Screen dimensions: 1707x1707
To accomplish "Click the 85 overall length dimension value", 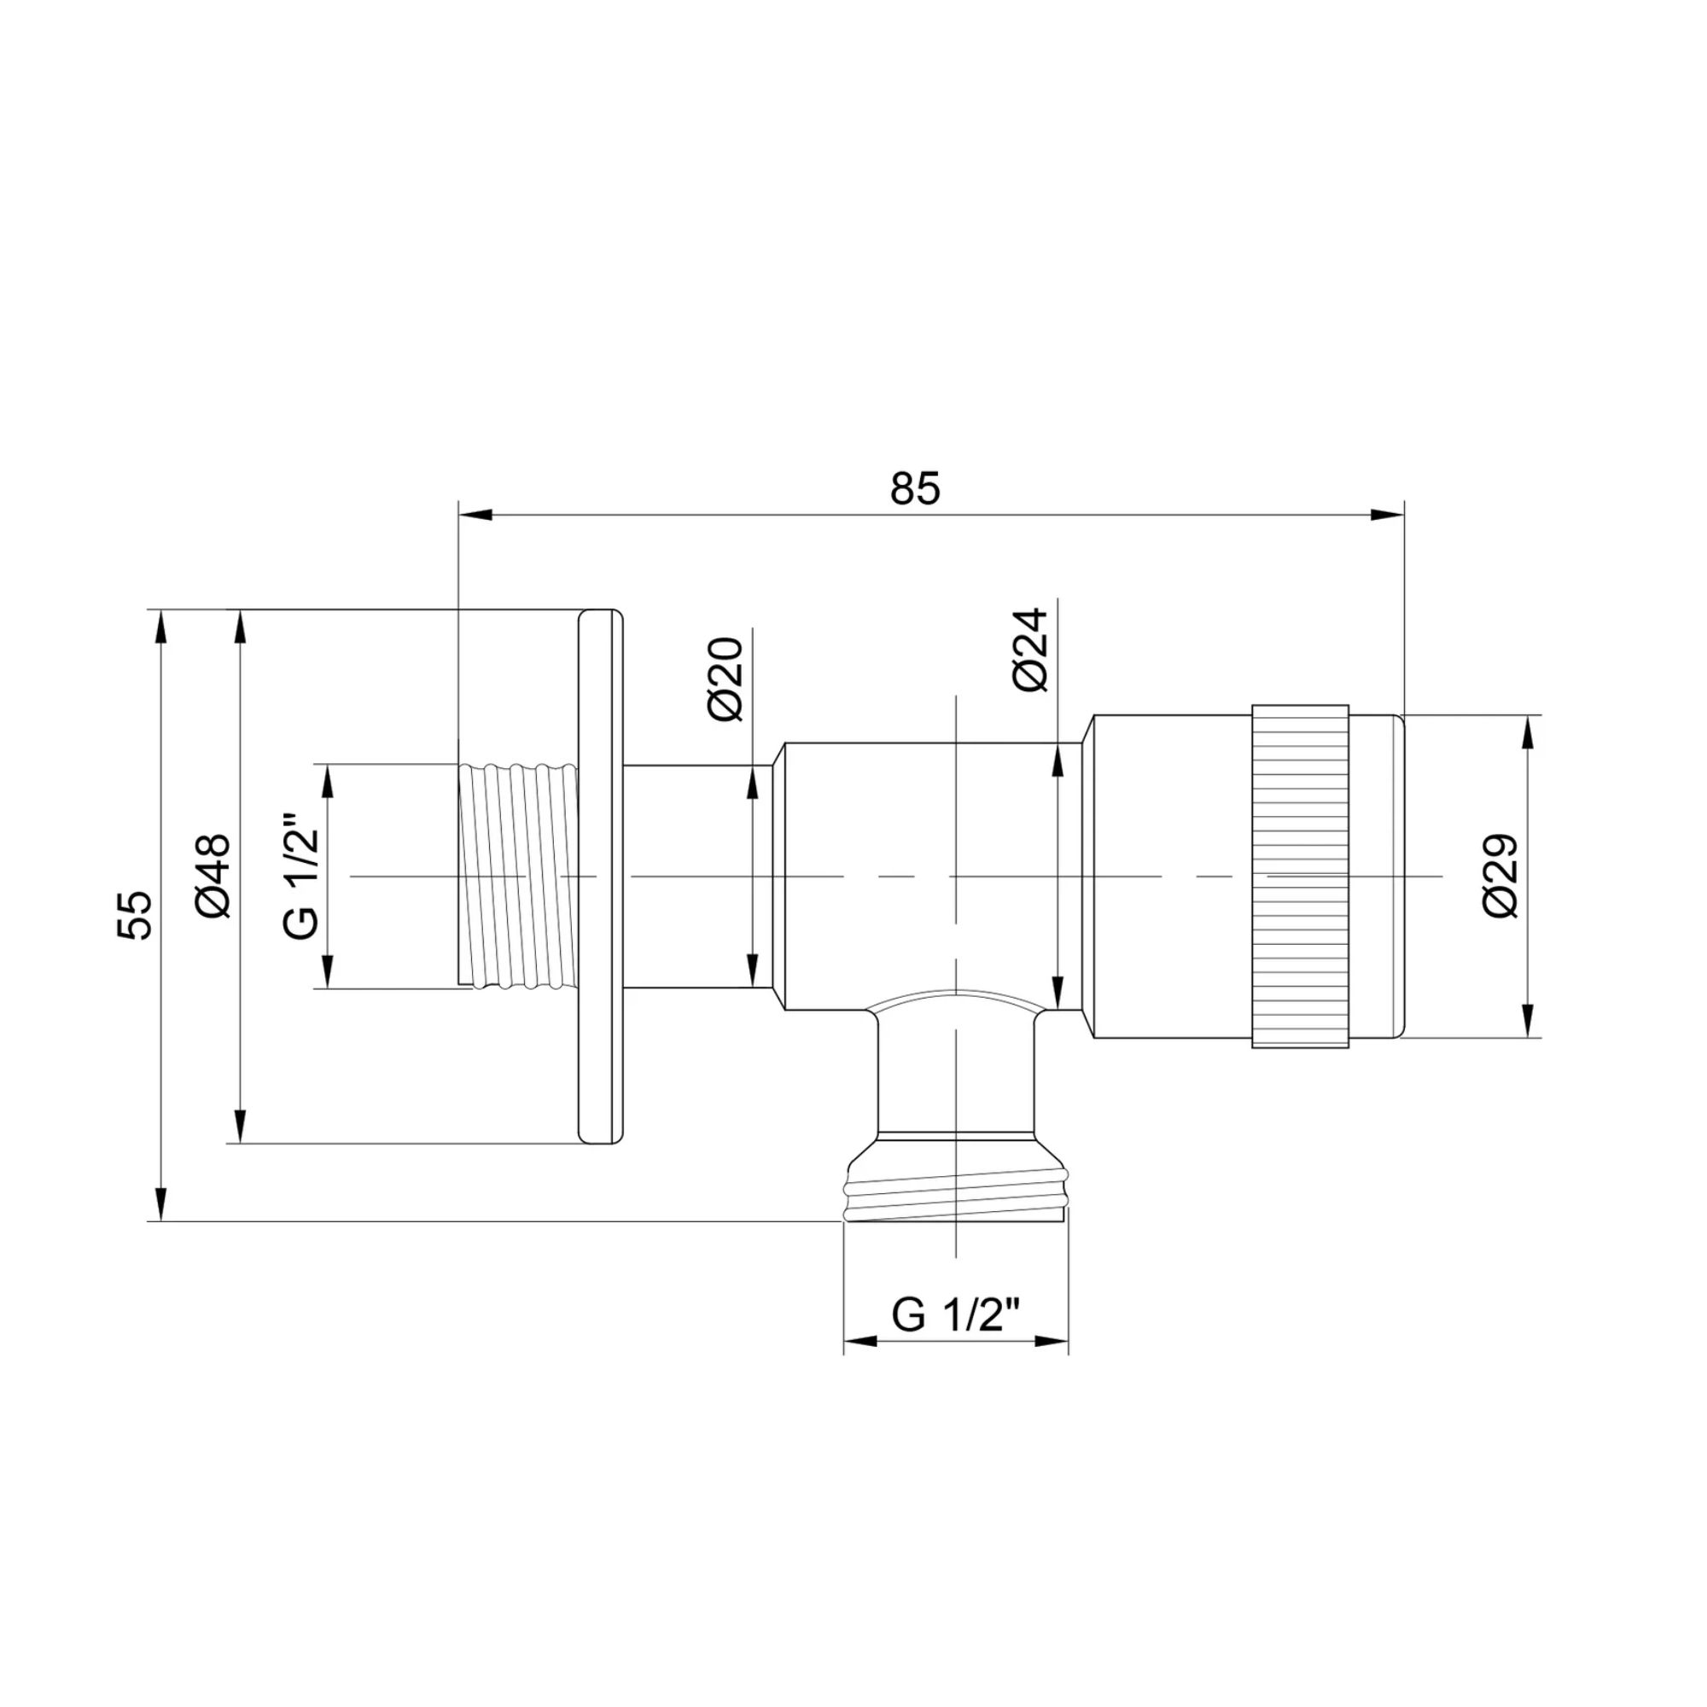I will point(915,488).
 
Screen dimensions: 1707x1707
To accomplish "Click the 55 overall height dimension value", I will point(135,914).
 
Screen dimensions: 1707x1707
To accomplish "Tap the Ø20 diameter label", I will point(727,679).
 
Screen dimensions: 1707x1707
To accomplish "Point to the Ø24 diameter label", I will point(1030,650).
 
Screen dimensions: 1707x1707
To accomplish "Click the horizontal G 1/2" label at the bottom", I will point(956,1315).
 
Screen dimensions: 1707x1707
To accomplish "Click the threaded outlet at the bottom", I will point(955,1193).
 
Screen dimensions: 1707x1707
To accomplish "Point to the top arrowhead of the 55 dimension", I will point(160,626).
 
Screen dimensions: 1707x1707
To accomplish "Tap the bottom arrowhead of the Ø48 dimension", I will point(239,1127).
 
